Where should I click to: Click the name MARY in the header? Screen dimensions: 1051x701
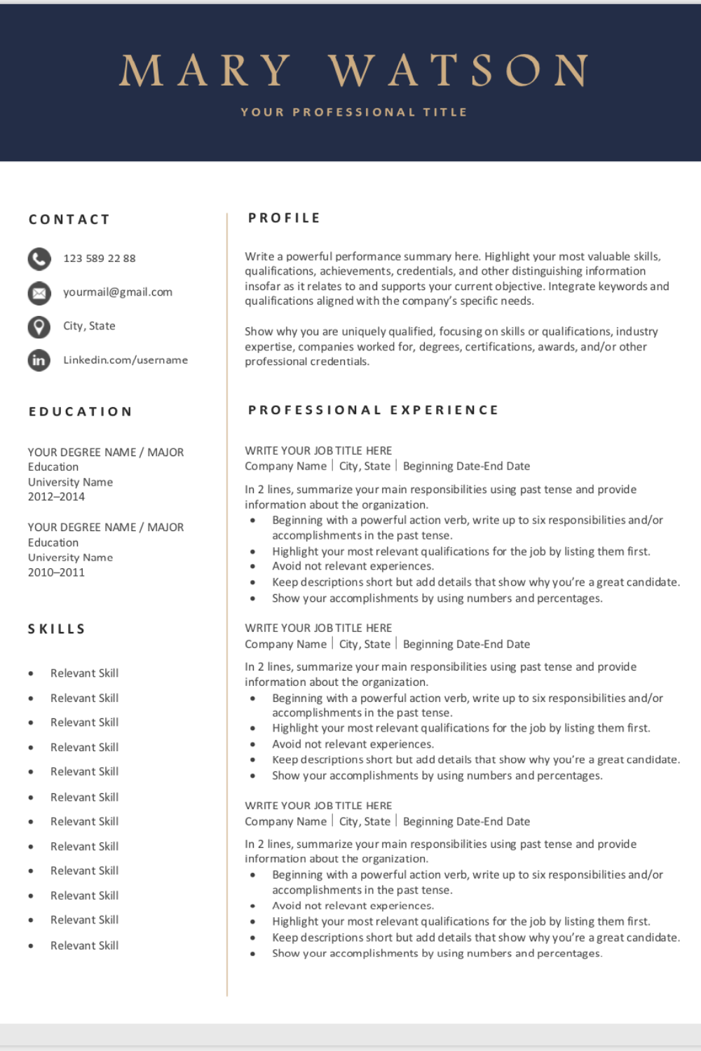pos(205,71)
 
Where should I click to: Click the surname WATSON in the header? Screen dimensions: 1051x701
pos(458,71)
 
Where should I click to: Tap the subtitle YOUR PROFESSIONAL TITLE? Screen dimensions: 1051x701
pos(354,112)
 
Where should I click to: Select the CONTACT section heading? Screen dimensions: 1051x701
pos(69,219)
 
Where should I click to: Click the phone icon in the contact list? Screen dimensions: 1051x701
pos(39,259)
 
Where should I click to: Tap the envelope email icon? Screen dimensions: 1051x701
pos(39,293)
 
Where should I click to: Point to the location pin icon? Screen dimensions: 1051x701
pos(39,327)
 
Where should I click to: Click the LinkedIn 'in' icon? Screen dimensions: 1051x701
pos(39,360)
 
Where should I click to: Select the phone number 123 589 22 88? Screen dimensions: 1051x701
pos(100,259)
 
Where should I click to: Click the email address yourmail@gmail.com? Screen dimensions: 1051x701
pos(118,292)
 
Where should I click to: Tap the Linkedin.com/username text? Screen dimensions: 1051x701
pos(125,360)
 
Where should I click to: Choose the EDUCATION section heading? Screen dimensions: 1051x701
pos(81,411)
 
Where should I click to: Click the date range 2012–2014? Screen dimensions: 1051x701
pos(56,497)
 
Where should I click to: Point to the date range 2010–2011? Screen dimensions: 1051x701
pos(56,572)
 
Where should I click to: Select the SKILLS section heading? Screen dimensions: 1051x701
pos(57,629)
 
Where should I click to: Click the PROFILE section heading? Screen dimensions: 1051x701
pos(285,218)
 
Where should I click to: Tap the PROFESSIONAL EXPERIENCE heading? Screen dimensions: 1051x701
pos(374,410)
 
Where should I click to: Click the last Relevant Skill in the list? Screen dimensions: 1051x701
pos(84,946)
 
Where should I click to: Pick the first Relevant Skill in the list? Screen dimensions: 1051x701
pos(84,673)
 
